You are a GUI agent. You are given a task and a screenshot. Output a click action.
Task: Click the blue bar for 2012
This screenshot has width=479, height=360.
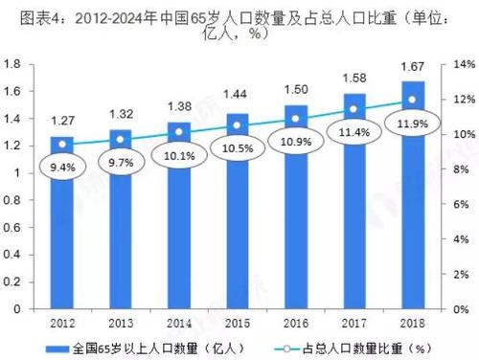coord(62,239)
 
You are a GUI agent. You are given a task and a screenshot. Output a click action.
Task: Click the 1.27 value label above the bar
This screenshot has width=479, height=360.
coord(62,122)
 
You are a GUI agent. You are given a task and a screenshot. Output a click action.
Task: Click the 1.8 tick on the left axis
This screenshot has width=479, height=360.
coord(13,64)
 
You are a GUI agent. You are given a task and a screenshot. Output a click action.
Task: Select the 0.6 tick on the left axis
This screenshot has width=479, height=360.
coord(13,228)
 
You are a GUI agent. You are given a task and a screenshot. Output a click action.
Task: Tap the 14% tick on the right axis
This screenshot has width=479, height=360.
coord(457,64)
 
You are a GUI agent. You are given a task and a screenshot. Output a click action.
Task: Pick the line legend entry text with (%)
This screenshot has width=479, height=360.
coord(355,348)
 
